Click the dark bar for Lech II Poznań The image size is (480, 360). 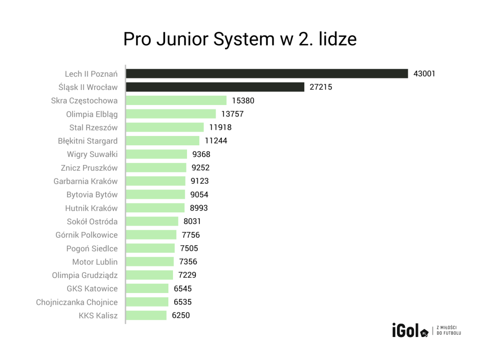click(x=267, y=74)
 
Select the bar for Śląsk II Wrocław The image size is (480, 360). click(x=216, y=87)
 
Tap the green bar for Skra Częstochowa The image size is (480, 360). click(x=176, y=100)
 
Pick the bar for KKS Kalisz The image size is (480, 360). click(x=146, y=315)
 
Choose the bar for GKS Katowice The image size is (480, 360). click(x=147, y=289)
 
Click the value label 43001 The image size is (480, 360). click(x=424, y=74)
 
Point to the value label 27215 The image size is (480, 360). click(x=321, y=87)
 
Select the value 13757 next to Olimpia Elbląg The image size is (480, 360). click(x=232, y=114)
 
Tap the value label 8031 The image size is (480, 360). click(x=192, y=222)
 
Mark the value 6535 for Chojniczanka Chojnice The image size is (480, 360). click(x=182, y=302)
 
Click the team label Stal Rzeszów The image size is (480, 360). click(x=94, y=127)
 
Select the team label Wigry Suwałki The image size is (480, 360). click(x=92, y=154)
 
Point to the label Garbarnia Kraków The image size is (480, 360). click(x=86, y=181)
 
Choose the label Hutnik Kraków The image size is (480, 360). click(x=91, y=208)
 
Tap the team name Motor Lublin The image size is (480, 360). click(x=95, y=262)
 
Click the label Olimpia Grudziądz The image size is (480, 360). click(x=85, y=275)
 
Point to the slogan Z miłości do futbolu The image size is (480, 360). click(x=449, y=330)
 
